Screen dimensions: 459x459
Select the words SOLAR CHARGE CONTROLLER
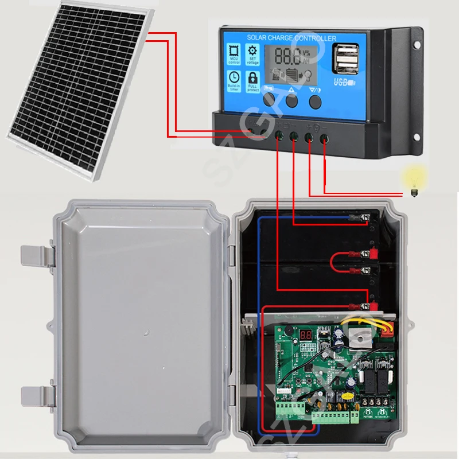(x=291, y=38)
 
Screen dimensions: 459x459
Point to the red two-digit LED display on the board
(x=305, y=336)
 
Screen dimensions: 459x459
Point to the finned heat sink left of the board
(x=248, y=328)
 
